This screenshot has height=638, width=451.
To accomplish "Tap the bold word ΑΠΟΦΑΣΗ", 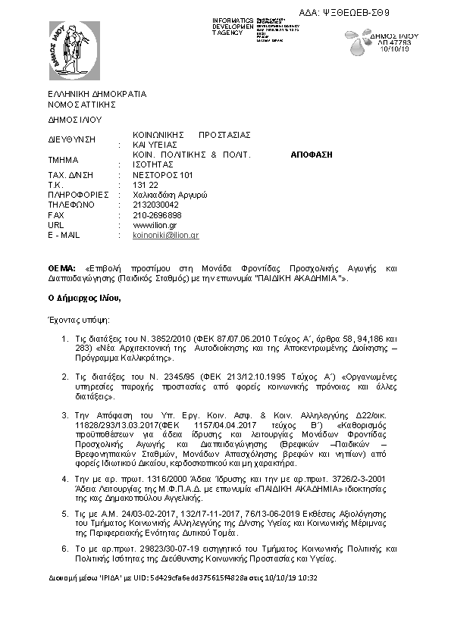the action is (x=312, y=154).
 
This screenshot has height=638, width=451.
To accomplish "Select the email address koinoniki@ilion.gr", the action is (x=165, y=236).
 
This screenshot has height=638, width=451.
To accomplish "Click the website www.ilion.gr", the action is (x=155, y=225).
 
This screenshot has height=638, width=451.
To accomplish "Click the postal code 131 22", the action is (x=145, y=184).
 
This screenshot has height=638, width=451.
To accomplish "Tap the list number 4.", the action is (x=65, y=479).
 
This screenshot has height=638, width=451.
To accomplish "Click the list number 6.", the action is (x=65, y=546).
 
